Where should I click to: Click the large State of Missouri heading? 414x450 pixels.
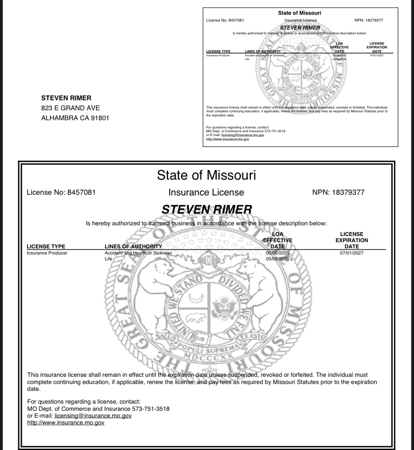pos(206,175)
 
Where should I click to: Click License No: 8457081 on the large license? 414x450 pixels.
pos(61,192)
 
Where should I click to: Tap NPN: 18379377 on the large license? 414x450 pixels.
pos(338,192)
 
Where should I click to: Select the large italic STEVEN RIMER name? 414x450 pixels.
pos(206,209)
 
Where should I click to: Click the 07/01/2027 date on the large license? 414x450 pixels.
pos(352,253)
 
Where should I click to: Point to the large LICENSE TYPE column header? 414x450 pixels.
pos(46,246)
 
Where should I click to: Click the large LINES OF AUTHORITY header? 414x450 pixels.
pos(133,246)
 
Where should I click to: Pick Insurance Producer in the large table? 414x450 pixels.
pos(47,253)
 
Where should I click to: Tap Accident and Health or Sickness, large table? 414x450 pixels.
pos(138,253)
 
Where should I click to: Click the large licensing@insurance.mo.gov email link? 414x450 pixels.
pos(93,416)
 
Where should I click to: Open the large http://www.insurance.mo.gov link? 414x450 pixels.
pos(66,423)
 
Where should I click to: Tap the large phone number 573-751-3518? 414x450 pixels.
pos(151,409)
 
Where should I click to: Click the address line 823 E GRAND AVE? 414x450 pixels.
pos(70,108)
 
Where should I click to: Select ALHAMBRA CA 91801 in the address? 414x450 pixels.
pos(75,118)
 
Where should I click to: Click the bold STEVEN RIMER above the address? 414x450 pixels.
pos(66,98)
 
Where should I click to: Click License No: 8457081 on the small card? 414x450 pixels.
pos(225,20)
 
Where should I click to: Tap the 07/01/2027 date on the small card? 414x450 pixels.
pos(377,55)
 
